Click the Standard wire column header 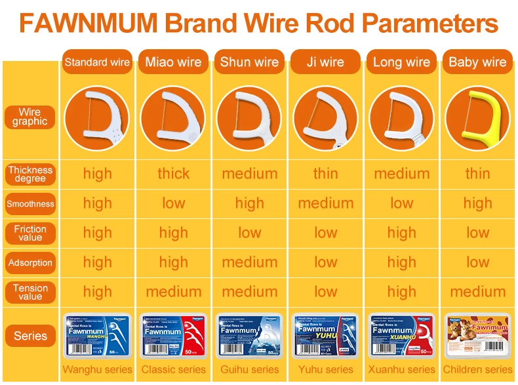tap(97, 62)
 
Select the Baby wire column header tap(477, 62)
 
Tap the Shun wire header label tap(249, 62)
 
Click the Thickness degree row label tap(30, 174)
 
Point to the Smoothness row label tap(30, 203)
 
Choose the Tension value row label tap(30, 292)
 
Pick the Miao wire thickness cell tap(173, 174)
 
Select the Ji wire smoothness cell tap(325, 203)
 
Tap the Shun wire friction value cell tap(249, 233)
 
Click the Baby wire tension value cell tap(477, 292)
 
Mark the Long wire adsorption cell tap(401, 262)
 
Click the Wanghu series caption tap(97, 369)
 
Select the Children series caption tap(477, 369)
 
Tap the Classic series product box tap(173, 335)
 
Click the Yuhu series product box tap(325, 335)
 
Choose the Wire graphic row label tap(30, 117)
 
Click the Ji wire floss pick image tap(325, 118)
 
